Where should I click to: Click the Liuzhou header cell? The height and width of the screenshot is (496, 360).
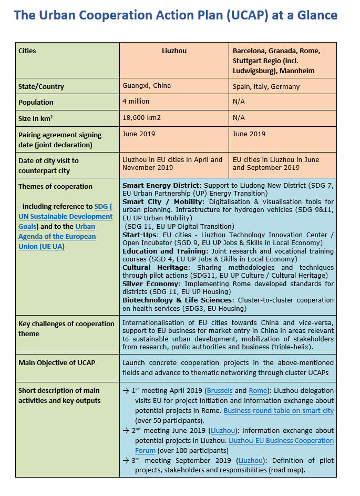[x=174, y=51]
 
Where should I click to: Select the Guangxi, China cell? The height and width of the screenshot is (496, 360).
[x=147, y=86]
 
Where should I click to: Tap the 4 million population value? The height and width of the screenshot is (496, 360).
[x=136, y=102]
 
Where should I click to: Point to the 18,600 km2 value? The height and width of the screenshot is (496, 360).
[x=142, y=117]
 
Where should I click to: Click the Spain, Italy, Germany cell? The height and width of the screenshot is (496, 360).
[x=266, y=86]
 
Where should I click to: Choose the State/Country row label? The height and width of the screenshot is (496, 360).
[x=41, y=86]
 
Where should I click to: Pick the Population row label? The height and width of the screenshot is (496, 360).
[x=36, y=102]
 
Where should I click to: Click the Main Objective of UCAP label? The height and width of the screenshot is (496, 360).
[x=57, y=362]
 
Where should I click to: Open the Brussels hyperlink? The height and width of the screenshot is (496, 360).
[x=220, y=391]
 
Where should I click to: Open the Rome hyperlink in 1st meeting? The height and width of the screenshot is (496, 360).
[x=258, y=391]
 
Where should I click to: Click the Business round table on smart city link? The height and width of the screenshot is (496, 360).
[x=279, y=410]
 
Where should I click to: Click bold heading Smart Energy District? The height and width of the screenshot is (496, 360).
[x=161, y=186]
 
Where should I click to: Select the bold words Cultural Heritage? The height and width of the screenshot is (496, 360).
[x=155, y=268]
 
